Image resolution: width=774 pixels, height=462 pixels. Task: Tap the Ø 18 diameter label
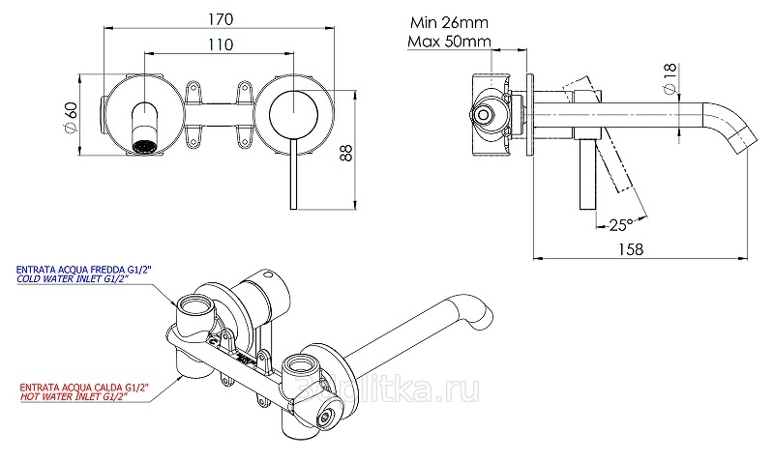click(670, 79)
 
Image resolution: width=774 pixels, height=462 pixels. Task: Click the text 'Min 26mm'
click(446, 22)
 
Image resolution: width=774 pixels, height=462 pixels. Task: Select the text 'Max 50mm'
click(448, 42)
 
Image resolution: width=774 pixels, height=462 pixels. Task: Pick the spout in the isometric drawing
click(426, 329)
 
